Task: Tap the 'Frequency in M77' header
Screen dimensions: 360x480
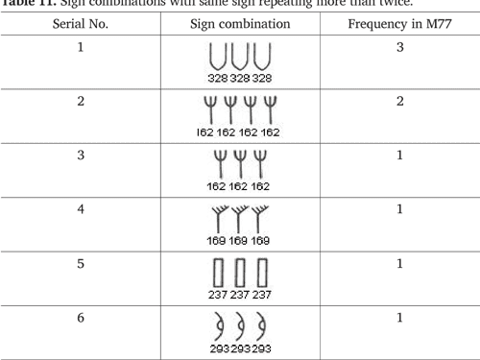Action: click(397, 23)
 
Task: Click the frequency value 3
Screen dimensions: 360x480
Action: click(397, 47)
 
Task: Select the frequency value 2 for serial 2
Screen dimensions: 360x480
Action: click(397, 102)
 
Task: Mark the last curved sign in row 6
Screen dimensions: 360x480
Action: click(258, 327)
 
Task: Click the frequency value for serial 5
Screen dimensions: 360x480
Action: click(397, 263)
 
